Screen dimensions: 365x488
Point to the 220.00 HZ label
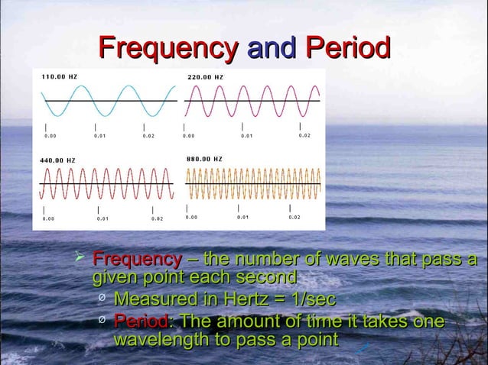[205, 77]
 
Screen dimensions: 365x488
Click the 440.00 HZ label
[58, 160]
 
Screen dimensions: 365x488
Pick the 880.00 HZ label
[204, 159]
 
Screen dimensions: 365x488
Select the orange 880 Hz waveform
[253, 184]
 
